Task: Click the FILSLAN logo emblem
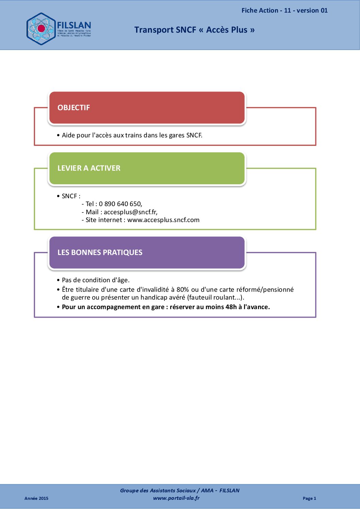[41, 29]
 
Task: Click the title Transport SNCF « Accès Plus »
[194, 30]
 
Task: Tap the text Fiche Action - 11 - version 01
[284, 11]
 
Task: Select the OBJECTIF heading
[73, 108]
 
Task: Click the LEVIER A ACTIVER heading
[89, 168]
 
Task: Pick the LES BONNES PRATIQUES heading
[100, 253]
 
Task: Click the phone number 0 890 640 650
[120, 204]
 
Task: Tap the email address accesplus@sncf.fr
[130, 212]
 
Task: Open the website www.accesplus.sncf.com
[163, 220]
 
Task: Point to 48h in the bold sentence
[231, 307]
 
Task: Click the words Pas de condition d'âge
[96, 280]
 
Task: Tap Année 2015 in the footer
[36, 498]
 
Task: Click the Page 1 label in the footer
[309, 498]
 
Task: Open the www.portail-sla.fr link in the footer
[176, 498]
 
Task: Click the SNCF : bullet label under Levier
[71, 196]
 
